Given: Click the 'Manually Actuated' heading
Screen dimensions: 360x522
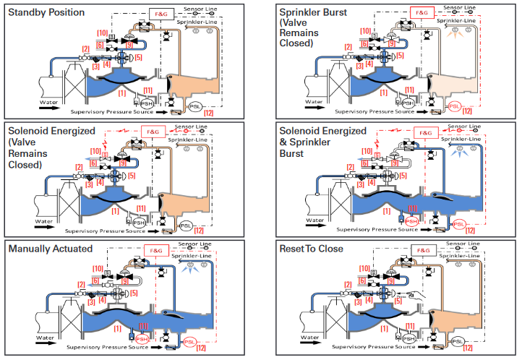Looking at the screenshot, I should pos(51,249).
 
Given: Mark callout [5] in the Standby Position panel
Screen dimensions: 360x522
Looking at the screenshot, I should pos(140,56).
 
